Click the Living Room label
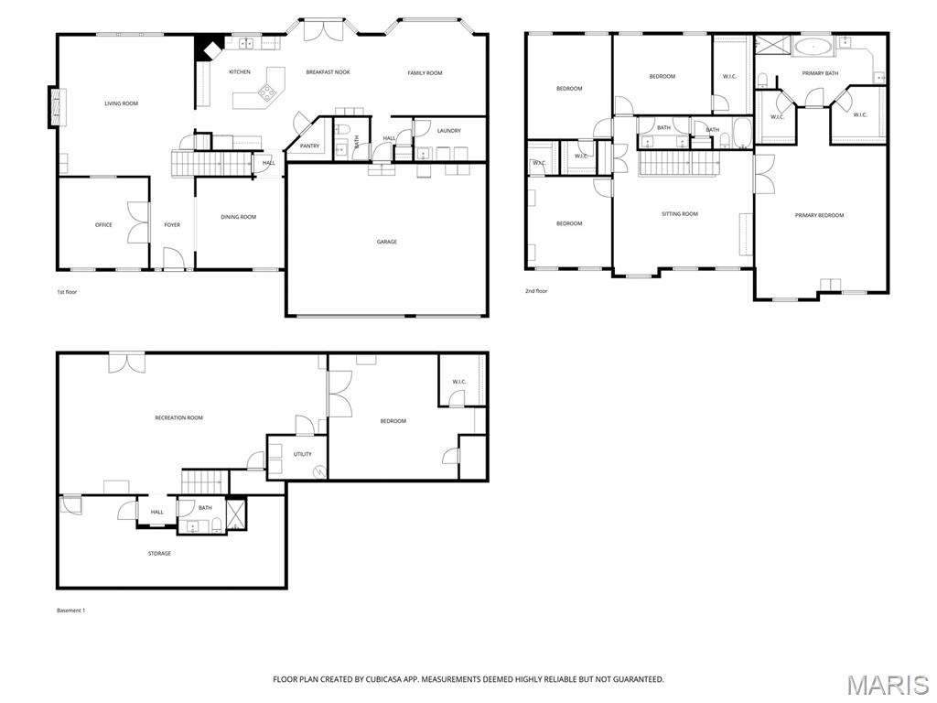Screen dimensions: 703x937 121,103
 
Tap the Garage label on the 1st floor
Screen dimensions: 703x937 387,242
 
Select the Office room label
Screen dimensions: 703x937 103,224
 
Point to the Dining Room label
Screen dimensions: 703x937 238,217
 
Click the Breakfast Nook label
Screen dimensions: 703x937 328,72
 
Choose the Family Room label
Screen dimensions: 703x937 425,72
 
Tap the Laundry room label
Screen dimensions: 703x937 448,131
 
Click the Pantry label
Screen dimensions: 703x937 309,146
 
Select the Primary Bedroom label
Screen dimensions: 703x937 819,215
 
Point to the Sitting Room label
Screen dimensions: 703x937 680,214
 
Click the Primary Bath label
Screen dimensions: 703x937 820,72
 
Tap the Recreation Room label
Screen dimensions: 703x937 178,417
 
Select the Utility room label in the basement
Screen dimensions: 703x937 302,454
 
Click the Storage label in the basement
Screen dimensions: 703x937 159,553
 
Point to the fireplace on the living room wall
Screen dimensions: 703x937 58,104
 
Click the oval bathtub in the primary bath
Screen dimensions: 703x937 813,46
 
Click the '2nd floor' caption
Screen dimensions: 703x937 536,291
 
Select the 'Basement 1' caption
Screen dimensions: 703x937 70,611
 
